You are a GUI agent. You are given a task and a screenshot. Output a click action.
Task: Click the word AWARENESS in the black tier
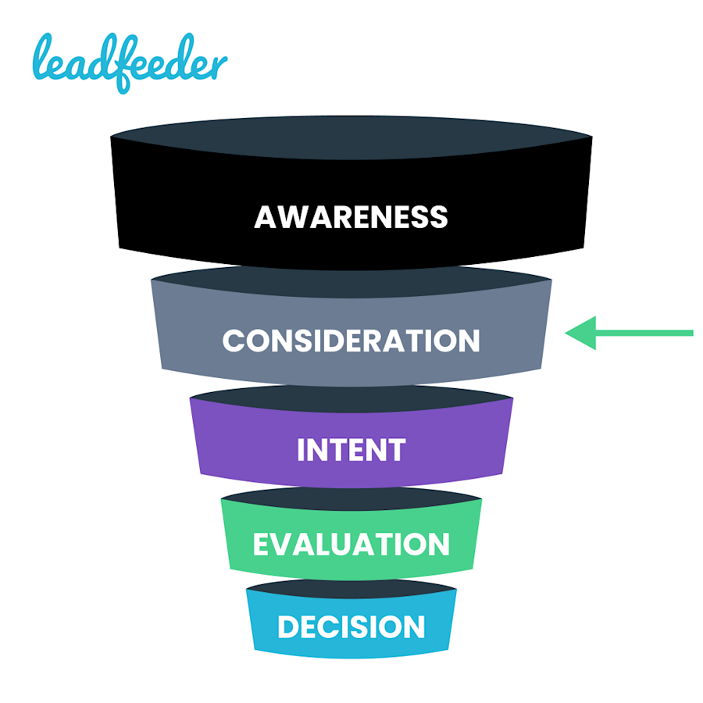(351, 216)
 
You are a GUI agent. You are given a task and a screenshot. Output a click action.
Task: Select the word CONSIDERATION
(351, 341)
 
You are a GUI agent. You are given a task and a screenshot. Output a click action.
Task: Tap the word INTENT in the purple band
(351, 450)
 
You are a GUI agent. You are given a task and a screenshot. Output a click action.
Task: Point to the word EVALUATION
(351, 544)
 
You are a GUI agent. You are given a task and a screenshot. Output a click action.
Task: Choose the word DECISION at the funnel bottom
(351, 627)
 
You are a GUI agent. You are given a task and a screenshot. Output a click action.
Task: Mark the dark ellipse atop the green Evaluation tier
(351, 498)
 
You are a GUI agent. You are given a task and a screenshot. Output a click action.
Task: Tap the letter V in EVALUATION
(287, 544)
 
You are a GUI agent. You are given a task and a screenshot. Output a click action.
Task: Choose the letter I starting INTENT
(302, 450)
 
